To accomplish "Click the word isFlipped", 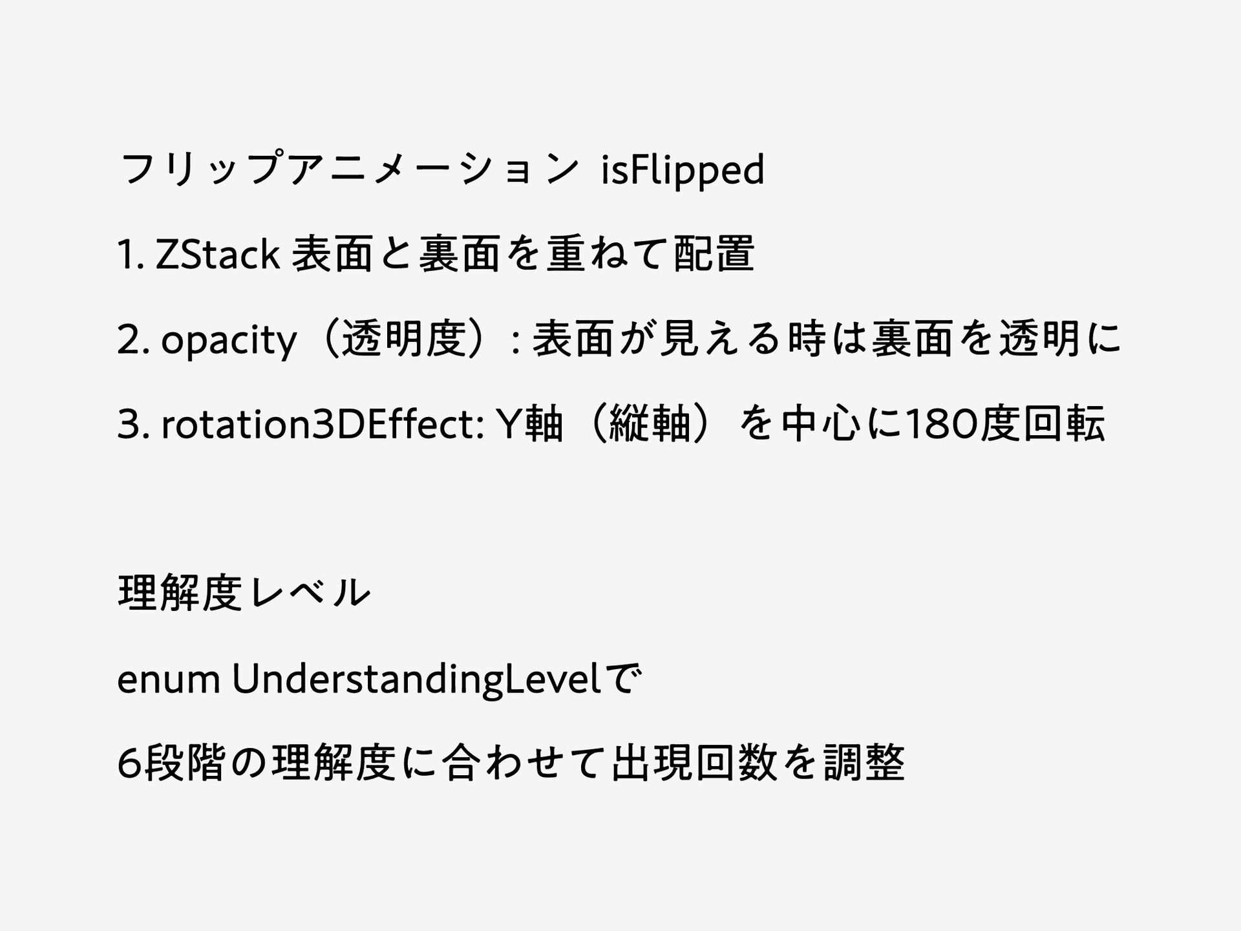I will pyautogui.click(x=682, y=171).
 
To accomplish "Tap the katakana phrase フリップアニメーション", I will pyautogui.click(x=349, y=169).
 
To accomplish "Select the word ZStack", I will pyautogui.click(x=218, y=255).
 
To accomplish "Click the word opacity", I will pyautogui.click(x=229, y=341).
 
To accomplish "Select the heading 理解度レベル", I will pyautogui.click(x=244, y=594).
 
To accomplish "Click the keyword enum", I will pyautogui.click(x=169, y=680).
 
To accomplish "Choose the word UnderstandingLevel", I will pyautogui.click(x=417, y=680).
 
